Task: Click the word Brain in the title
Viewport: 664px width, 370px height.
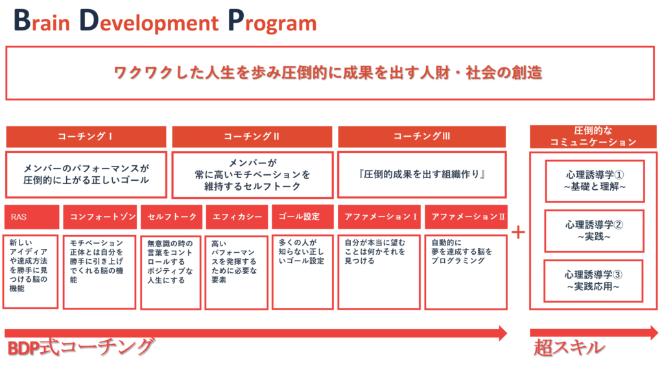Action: [41, 21]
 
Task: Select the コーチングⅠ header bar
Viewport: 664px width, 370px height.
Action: [86, 136]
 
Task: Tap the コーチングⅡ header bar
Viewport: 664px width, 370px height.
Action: [252, 136]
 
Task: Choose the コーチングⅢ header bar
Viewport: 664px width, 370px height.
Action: [421, 136]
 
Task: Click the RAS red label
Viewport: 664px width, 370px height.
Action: [32, 216]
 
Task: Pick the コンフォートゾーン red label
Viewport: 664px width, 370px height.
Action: [100, 216]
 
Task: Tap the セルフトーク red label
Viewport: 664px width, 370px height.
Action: [171, 216]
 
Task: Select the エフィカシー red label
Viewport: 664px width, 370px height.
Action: [237, 216]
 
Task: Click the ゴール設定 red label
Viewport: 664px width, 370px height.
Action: [303, 216]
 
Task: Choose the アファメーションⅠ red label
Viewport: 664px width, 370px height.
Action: [379, 216]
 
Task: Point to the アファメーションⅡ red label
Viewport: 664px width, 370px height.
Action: [466, 216]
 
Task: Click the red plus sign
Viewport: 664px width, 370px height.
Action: [518, 232]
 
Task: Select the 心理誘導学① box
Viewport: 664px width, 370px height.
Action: [595, 181]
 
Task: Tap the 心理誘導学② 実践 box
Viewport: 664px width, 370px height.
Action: [594, 231]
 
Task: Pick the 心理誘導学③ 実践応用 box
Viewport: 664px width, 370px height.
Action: [593, 281]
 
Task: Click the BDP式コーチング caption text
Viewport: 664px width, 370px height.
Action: [80, 347]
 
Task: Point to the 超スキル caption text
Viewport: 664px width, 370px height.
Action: [569, 347]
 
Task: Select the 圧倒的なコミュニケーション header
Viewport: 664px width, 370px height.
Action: [593, 136]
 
